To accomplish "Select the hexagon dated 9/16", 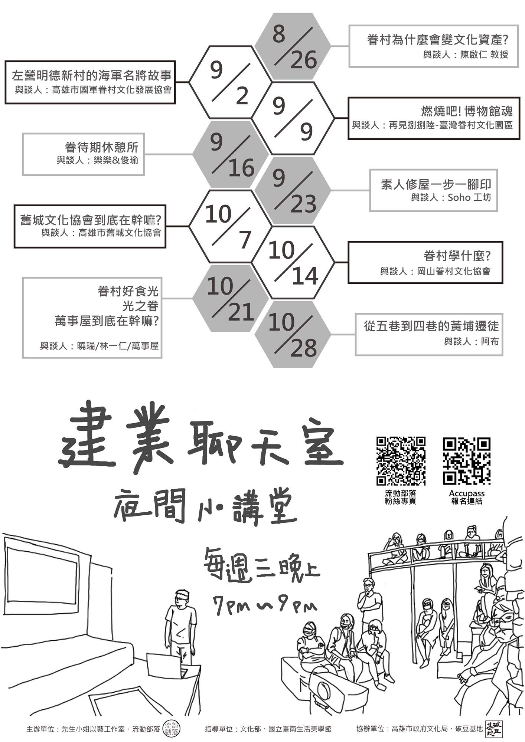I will (231, 154).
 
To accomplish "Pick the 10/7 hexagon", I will (230, 226).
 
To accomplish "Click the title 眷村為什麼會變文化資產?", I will (437, 40).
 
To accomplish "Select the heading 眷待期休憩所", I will (101, 147).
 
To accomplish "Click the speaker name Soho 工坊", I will (469, 198).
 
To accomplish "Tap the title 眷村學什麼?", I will (457, 256).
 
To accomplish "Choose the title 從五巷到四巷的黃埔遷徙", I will (431, 326).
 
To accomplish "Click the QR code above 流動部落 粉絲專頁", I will (401, 461).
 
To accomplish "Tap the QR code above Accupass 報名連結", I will (467, 461).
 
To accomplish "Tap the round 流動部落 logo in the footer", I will (172, 729).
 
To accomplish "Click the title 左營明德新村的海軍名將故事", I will (92, 76).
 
